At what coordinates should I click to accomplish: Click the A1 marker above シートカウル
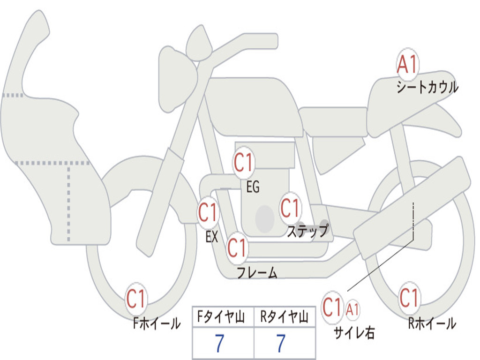coord(407,65)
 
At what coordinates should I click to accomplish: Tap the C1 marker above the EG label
coord(243,163)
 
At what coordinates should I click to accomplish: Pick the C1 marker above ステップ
coord(290,208)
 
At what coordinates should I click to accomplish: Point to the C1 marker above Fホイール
coord(136,299)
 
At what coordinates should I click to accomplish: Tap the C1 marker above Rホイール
coord(409,297)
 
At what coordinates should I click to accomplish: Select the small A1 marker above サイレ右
coord(353,309)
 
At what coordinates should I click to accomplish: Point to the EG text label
coord(253,187)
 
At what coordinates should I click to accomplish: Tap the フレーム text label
coord(257,273)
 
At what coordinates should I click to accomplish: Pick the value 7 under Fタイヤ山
coord(219,344)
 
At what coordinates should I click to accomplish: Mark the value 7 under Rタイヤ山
coord(281,344)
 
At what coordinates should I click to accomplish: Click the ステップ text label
coord(307,231)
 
